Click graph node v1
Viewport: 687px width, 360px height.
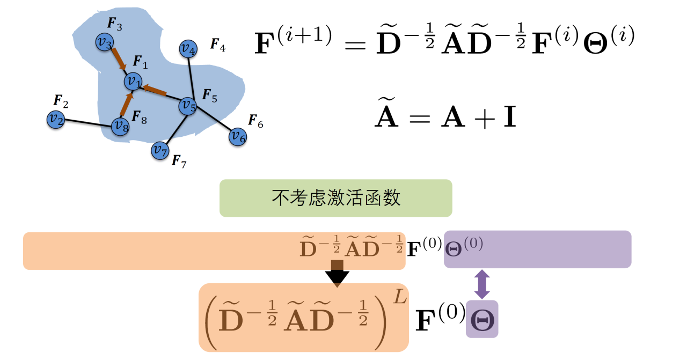pyautogui.click(x=133, y=82)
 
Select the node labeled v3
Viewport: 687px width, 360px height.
pyautogui.click(x=104, y=42)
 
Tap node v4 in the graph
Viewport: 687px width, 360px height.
pyautogui.click(x=187, y=49)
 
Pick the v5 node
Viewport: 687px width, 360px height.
pyautogui.click(x=187, y=105)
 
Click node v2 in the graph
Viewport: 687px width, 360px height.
pyautogui.click(x=55, y=119)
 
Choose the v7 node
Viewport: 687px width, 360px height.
pyautogui.click(x=159, y=150)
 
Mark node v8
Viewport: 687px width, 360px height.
pyautogui.click(x=120, y=126)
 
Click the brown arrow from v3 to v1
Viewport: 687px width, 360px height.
pyautogui.click(x=119, y=60)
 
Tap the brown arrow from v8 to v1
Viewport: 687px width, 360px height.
pyautogui.click(x=125, y=105)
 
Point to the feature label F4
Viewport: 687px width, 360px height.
pyautogui.click(x=217, y=44)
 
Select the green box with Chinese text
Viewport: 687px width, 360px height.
pyautogui.click(x=335, y=198)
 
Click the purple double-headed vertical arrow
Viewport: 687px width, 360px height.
pyautogui.click(x=482, y=284)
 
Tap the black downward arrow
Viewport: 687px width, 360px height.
pyautogui.click(x=337, y=274)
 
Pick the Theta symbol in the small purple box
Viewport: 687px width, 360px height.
pyautogui.click(x=482, y=320)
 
